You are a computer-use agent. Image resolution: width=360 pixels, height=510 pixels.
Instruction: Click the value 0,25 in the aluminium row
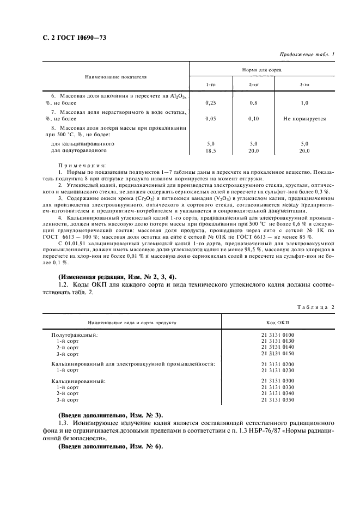210,102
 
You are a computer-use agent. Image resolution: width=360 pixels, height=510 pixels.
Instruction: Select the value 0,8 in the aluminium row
253,102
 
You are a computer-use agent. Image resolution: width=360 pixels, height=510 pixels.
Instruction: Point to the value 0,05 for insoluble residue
210,118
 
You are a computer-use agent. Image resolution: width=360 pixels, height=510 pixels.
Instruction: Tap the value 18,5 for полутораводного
210,150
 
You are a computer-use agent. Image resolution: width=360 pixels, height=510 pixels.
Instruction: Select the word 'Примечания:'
82,165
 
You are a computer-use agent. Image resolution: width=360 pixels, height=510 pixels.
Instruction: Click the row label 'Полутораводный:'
75,335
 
